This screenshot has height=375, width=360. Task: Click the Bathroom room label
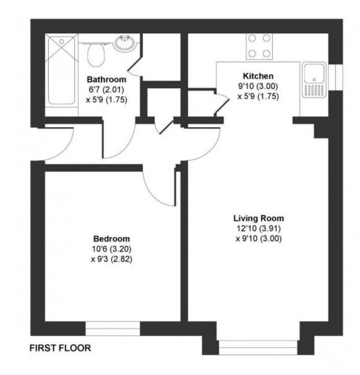coord(107,80)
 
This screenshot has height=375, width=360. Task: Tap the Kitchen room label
coord(258,76)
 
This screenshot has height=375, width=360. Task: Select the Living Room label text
coord(259,219)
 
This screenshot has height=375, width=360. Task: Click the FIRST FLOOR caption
coord(60,348)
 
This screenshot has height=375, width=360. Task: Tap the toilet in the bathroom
coord(96,55)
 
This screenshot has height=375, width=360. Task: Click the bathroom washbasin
coord(125,44)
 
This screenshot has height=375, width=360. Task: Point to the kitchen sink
coord(314,80)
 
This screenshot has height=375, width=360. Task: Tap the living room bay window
coord(258,347)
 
